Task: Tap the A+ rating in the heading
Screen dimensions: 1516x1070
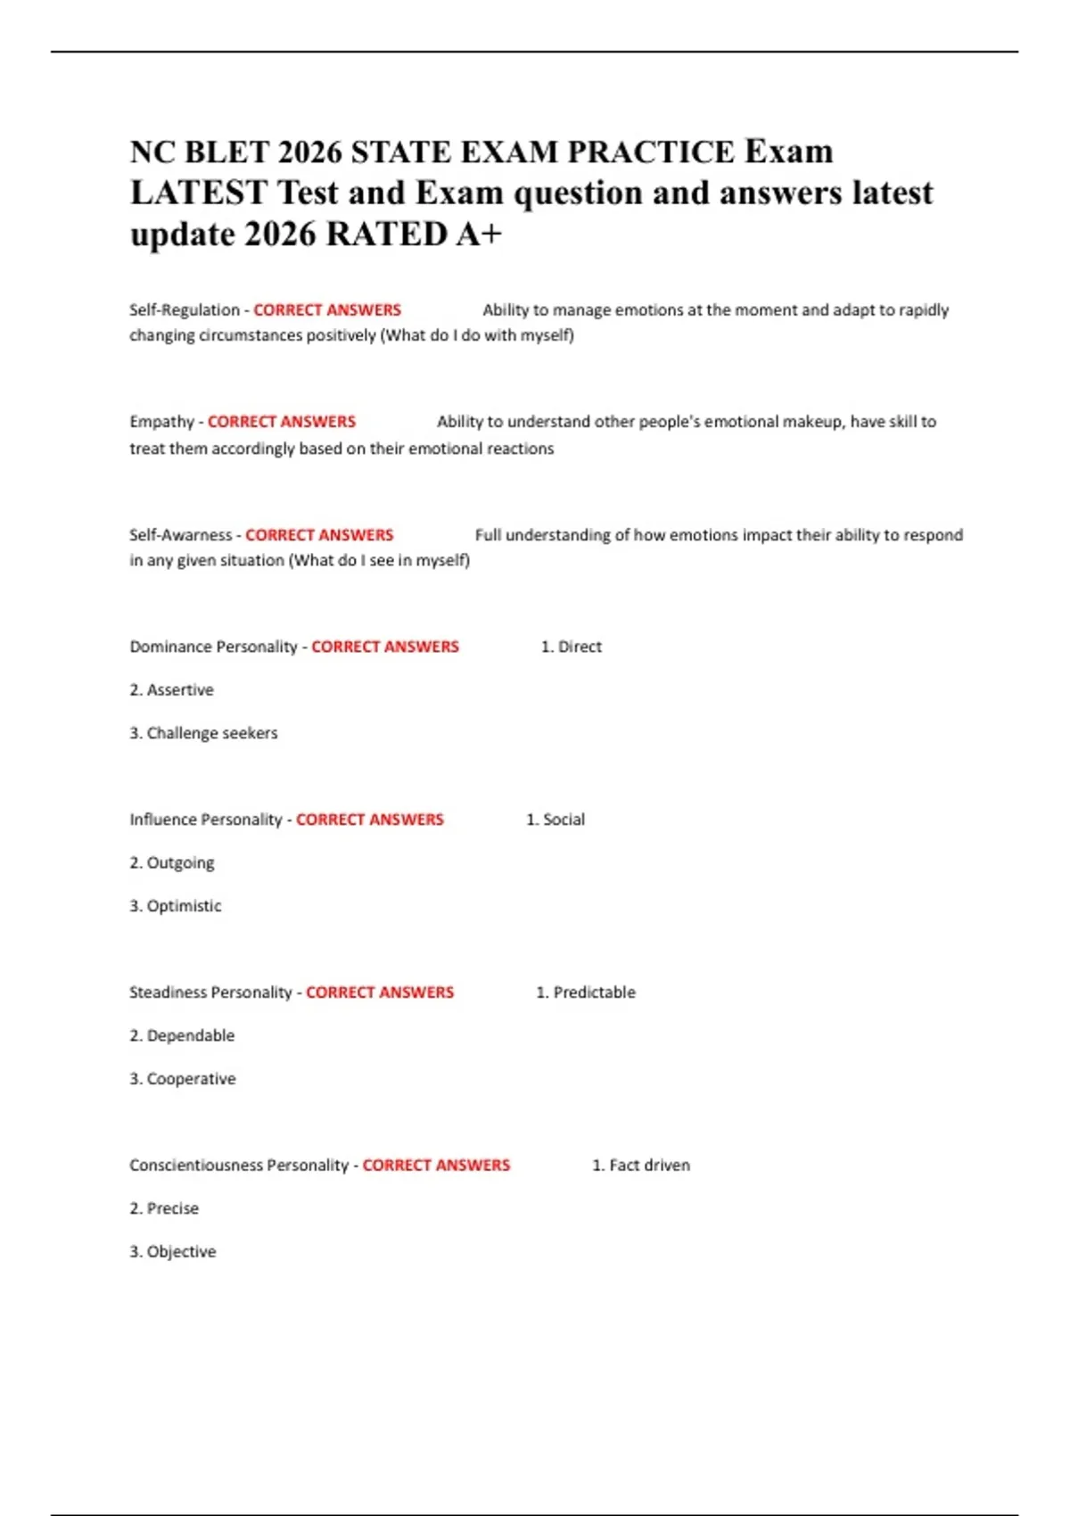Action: (479, 235)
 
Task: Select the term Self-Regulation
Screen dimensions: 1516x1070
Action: (184, 310)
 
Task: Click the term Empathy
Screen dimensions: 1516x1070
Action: (161, 422)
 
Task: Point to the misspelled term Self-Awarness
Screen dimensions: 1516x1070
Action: (180, 535)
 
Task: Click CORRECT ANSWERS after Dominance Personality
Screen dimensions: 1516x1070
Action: (384, 647)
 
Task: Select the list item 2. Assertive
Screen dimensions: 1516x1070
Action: (171, 690)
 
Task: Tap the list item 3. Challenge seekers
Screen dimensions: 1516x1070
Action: (203, 733)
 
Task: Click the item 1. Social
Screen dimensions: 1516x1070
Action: (556, 820)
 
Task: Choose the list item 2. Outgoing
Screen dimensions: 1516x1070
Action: (171, 863)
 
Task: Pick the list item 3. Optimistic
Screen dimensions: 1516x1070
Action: (175, 906)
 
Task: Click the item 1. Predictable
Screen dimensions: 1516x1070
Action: (586, 993)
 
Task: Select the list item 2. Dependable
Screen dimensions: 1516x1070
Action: (182, 1036)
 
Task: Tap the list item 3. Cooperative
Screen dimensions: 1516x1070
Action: (182, 1079)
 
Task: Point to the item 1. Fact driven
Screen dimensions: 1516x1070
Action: (641, 1166)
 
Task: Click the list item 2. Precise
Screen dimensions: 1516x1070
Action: (164, 1209)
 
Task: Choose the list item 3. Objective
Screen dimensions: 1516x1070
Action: (172, 1252)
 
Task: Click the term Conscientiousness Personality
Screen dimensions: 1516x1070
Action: (239, 1166)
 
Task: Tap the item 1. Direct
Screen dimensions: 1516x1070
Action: (571, 647)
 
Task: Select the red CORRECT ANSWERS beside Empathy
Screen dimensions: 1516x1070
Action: (281, 422)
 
